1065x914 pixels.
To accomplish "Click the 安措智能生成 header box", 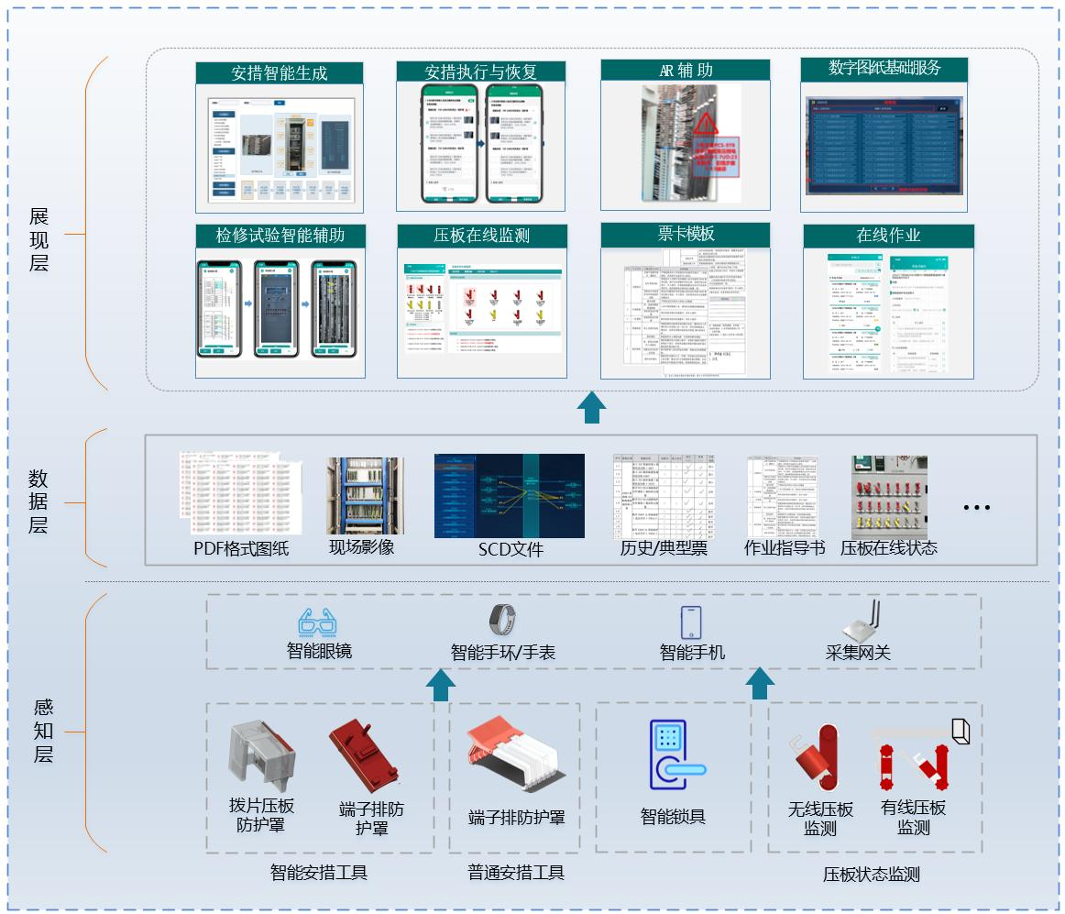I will point(280,73).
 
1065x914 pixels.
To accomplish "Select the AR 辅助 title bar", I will point(685,71).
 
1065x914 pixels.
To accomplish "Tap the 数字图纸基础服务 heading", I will point(884,68).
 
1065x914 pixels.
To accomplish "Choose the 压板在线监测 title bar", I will point(481,236).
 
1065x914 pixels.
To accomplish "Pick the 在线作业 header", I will point(887,236).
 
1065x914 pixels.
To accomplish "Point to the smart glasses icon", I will point(318,623).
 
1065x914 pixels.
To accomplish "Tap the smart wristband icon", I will point(501,621).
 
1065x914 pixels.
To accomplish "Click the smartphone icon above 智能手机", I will point(690,622).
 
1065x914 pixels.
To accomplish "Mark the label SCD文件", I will point(510,549).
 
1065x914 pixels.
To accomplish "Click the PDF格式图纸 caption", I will point(241,548).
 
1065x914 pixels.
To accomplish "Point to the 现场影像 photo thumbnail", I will point(364,495).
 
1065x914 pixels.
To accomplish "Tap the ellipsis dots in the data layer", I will point(977,507).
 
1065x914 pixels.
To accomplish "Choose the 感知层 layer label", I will point(43,731).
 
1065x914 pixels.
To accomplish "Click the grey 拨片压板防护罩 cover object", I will point(261,753).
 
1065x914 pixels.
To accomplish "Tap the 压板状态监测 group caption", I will point(871,875).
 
